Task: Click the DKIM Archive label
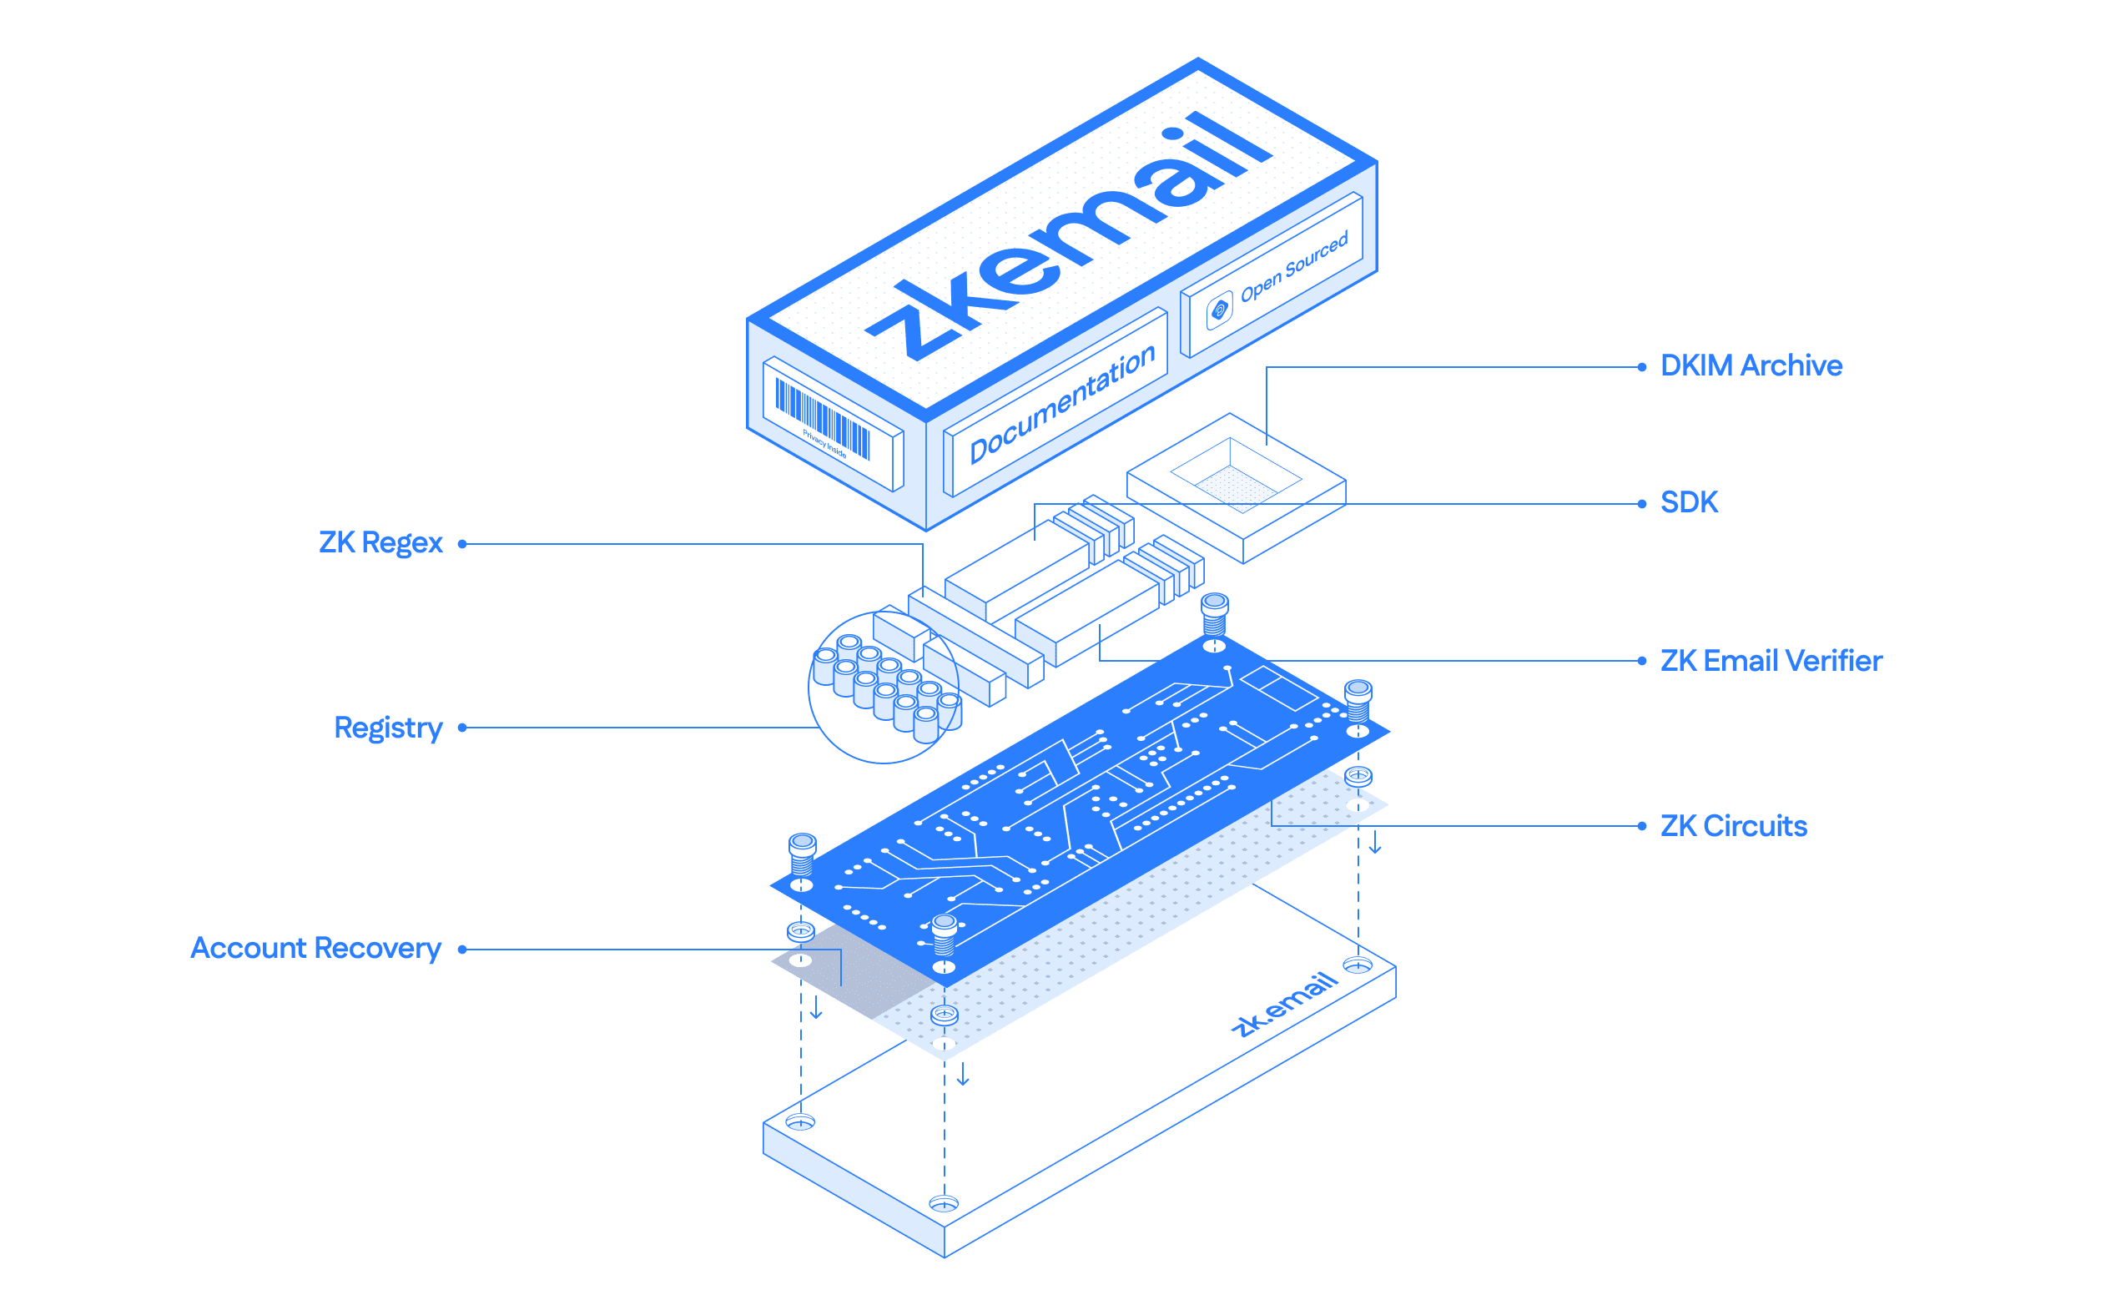(1750, 365)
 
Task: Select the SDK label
(1688, 501)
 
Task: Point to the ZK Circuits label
(1732, 825)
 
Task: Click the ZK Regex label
(380, 542)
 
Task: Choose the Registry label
(388, 727)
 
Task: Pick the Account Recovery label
(315, 948)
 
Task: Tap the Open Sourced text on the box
(1293, 266)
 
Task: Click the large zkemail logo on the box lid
(1070, 234)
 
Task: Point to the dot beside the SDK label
(1641, 504)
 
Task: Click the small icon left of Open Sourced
(1219, 310)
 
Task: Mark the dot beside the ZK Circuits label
(1641, 826)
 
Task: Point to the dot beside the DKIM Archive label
(1641, 367)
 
